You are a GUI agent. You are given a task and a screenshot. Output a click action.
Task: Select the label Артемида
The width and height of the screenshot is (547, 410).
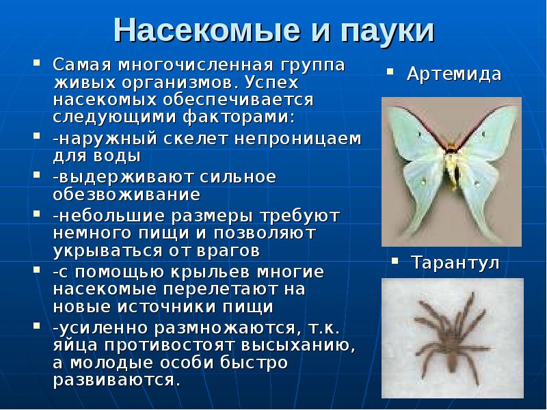[454, 74]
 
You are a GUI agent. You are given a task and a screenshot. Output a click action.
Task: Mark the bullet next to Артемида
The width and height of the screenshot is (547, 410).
[390, 70]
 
